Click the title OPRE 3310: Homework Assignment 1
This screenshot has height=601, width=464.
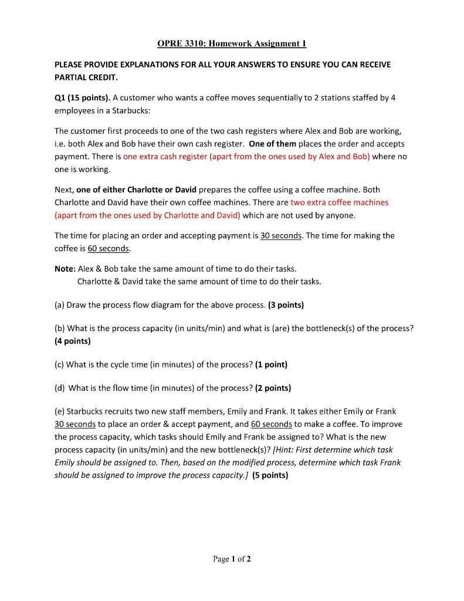(x=232, y=43)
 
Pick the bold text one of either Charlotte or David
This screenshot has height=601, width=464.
(x=137, y=190)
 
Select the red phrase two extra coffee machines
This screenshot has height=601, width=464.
(x=339, y=202)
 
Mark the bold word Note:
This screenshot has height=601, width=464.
(x=65, y=268)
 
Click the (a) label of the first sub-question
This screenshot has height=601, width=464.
(x=60, y=305)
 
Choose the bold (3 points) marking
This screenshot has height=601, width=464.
(x=286, y=305)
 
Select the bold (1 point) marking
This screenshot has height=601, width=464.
(x=271, y=364)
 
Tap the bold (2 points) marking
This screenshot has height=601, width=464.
(x=273, y=388)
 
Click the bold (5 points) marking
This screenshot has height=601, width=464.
(x=270, y=475)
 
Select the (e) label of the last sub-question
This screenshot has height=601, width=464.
(x=60, y=411)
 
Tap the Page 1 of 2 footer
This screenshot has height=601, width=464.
(x=232, y=559)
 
